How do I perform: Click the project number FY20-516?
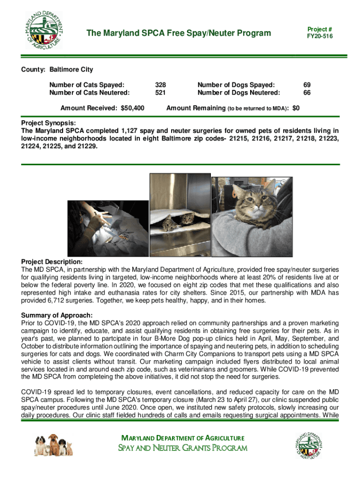click(x=320, y=36)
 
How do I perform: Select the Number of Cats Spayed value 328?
click(x=160, y=85)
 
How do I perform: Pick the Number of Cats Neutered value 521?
click(x=160, y=93)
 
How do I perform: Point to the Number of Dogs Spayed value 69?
click(x=307, y=85)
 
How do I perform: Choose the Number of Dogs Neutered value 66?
click(x=307, y=93)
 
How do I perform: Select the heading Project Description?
click(x=52, y=261)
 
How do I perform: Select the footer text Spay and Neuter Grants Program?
click(x=183, y=448)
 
